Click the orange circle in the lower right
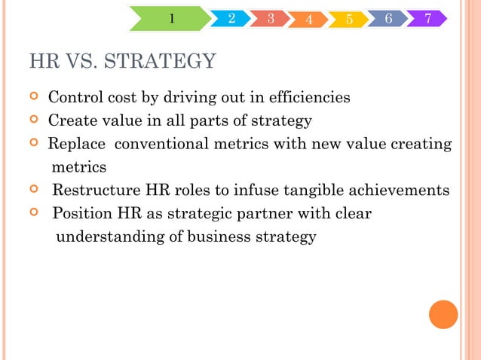click(443, 314)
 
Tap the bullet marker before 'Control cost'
click(33, 98)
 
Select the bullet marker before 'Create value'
click(33, 121)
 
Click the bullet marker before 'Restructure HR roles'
click(33, 191)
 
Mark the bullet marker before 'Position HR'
click(33, 214)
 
